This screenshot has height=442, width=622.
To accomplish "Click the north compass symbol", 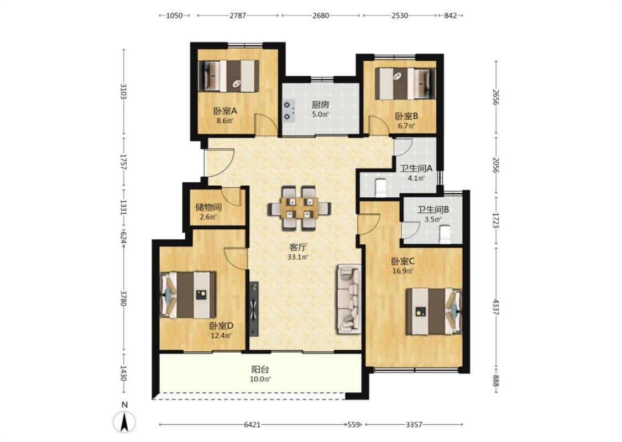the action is tap(124, 422).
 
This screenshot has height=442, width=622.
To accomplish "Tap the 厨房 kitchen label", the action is tap(320, 104).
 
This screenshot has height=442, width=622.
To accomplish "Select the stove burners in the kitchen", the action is tap(289, 111).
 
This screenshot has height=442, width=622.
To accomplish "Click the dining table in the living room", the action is tap(299, 208).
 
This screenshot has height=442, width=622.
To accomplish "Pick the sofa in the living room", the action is tap(349, 299).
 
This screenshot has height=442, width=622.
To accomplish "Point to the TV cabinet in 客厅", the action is tap(254, 309).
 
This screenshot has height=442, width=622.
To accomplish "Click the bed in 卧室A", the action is tap(228, 76).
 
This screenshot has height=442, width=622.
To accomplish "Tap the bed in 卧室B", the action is tap(405, 83).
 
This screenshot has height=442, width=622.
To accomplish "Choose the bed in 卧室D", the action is tap(188, 295).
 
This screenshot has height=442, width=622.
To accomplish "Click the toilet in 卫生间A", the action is tap(380, 187).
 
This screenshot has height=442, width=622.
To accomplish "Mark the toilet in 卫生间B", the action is tap(445, 234).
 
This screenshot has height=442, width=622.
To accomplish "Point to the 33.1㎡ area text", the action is tap(298, 257).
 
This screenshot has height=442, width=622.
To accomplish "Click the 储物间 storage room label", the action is tap(208, 207).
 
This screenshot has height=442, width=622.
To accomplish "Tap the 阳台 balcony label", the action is tap(260, 370).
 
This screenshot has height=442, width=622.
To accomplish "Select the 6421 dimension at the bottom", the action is tap(252, 424).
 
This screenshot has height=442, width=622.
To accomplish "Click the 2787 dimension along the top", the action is tap(238, 15).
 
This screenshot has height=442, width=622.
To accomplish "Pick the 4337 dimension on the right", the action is tap(495, 307).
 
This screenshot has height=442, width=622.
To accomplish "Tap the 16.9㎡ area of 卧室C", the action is tap(403, 271).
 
